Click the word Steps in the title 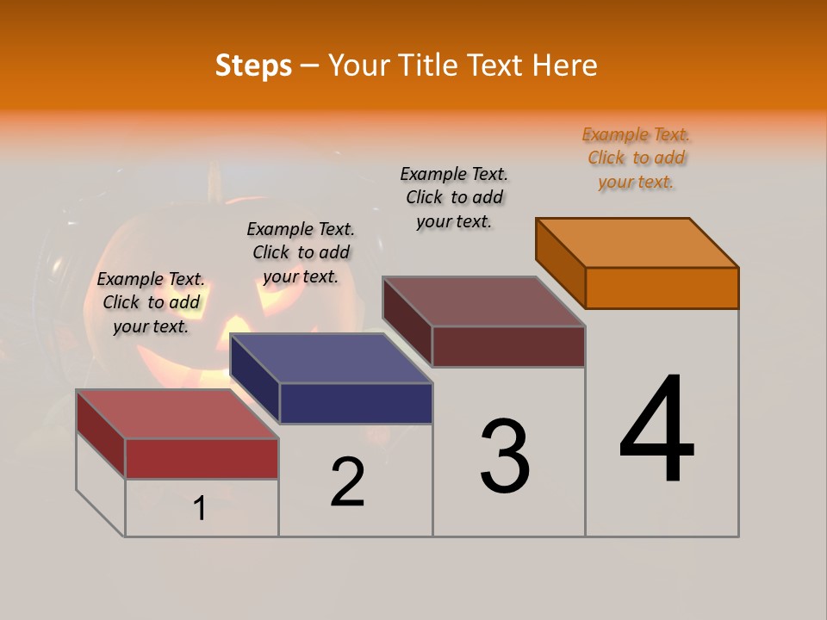[253, 65]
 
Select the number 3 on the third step [505, 456]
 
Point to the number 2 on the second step [348, 482]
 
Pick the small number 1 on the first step [199, 509]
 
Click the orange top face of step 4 [637, 242]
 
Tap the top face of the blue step [332, 357]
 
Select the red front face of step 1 [202, 458]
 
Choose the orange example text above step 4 [637, 158]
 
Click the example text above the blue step [301, 252]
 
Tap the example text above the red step [151, 302]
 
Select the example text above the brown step [454, 197]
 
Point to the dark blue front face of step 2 [356, 403]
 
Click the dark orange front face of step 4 [662, 288]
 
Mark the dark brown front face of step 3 [508, 346]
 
